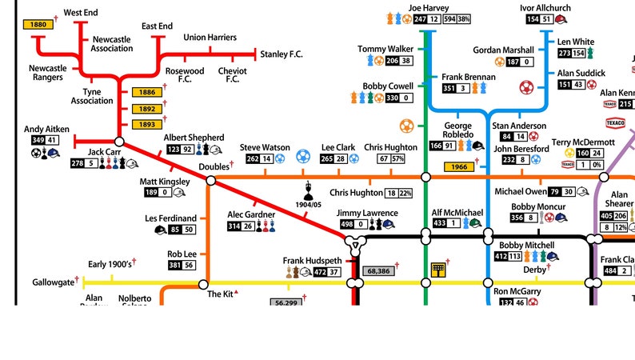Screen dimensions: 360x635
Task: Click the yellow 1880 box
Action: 38,25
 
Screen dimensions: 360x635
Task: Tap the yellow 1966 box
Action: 459,166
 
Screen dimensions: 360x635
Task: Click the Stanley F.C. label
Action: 284,54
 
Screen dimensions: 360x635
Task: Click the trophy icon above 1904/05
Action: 310,191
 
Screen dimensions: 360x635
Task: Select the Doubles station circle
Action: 211,181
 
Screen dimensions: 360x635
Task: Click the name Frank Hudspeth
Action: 313,261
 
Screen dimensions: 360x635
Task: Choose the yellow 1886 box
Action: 147,93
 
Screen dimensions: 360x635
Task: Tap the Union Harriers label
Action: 210,37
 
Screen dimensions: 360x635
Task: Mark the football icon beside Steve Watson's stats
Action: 280,158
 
